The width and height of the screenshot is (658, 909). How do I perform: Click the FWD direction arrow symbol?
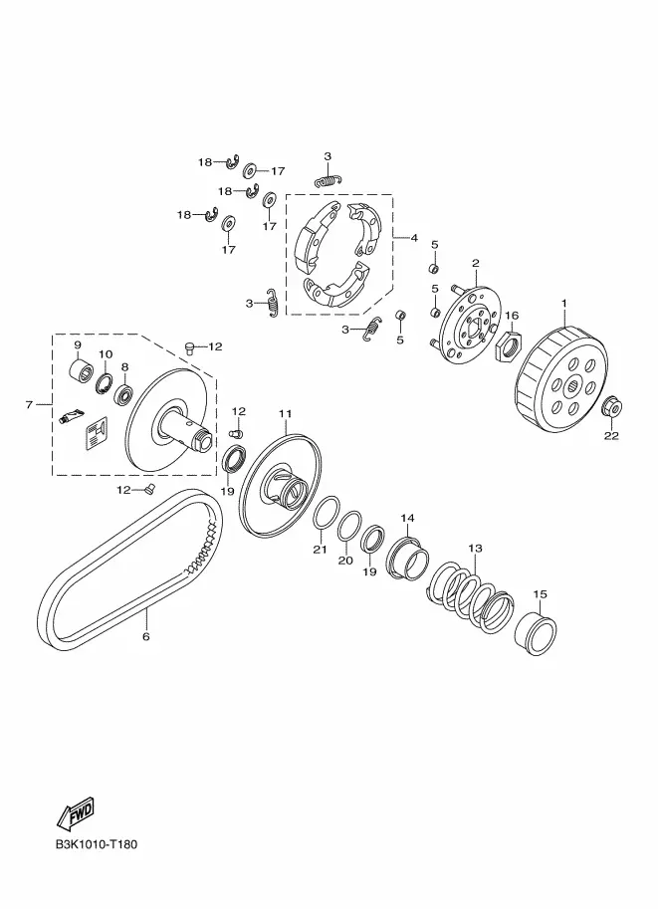pos(76,812)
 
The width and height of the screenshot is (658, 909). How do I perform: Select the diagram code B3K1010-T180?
pos(97,844)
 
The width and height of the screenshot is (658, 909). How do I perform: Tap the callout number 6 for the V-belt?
pos(146,636)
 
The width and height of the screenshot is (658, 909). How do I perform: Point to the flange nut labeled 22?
pos(612,407)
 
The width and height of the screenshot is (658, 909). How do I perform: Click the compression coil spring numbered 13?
pos(470,597)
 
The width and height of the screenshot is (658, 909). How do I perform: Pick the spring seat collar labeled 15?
pos(537,636)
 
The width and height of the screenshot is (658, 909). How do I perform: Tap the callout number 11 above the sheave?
pos(285,414)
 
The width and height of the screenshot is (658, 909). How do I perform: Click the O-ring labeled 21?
pos(326,513)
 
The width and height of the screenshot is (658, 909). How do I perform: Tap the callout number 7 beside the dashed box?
pos(30,404)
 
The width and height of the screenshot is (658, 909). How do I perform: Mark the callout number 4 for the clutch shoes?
pos(414,238)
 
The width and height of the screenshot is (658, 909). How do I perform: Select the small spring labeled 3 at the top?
pos(328,180)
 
